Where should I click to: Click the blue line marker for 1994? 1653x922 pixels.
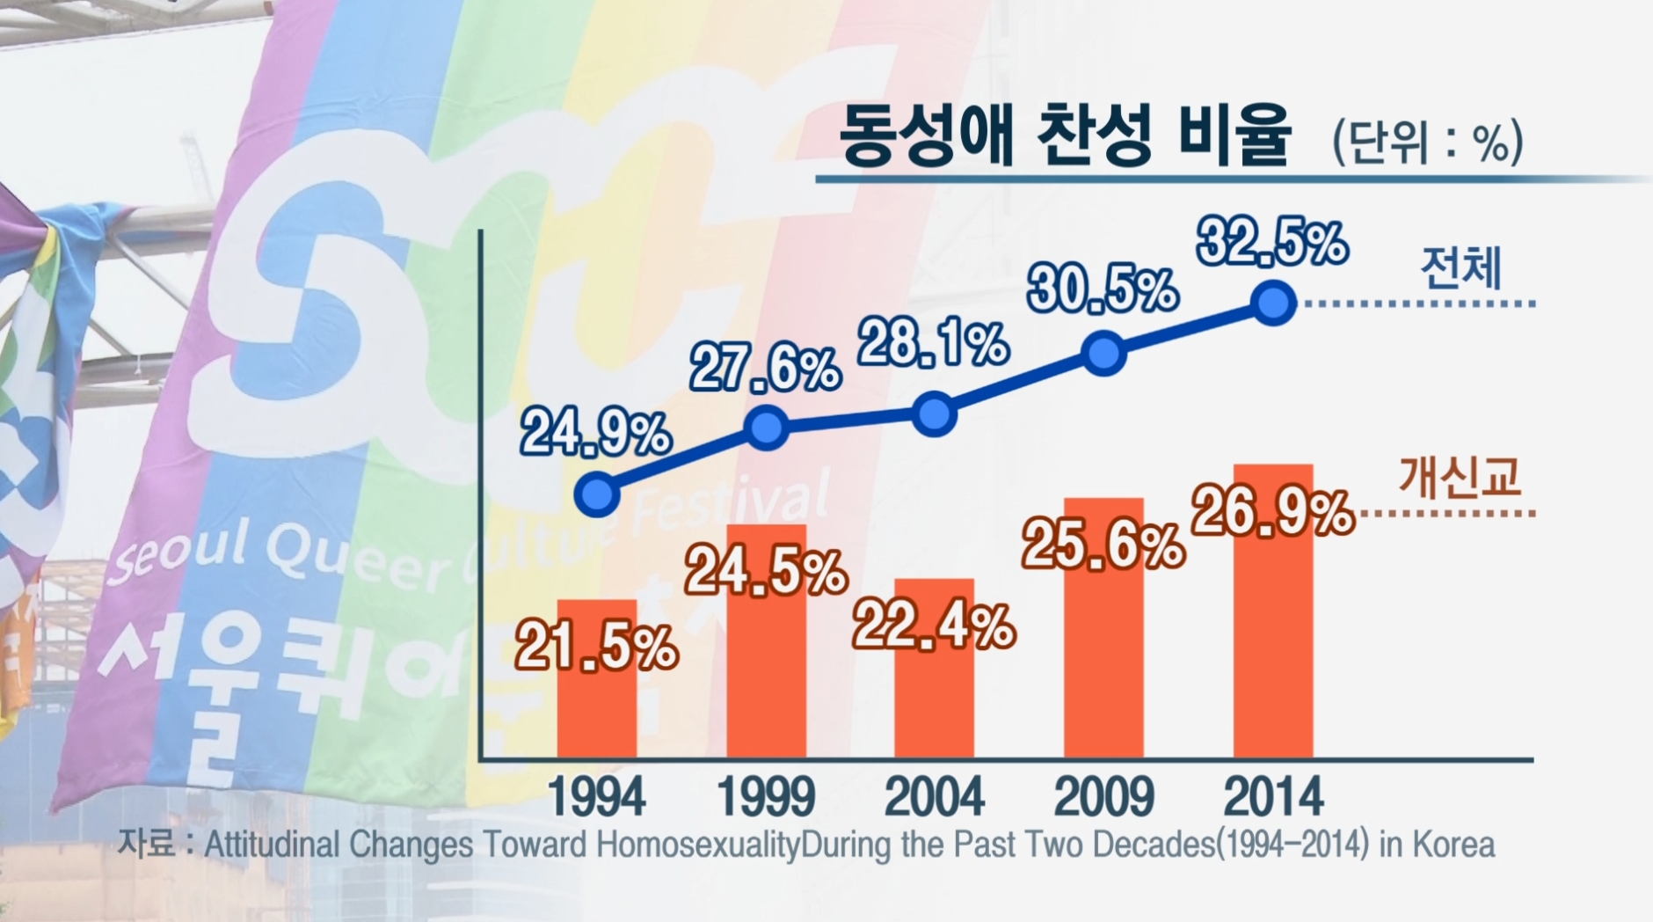[x=597, y=494]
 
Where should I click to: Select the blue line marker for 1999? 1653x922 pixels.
[x=767, y=428]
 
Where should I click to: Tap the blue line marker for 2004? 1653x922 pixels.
[x=934, y=413]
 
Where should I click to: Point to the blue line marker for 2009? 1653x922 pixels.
[x=1104, y=354]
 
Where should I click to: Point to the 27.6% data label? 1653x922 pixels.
[x=765, y=369]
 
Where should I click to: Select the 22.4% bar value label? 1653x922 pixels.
[x=934, y=626]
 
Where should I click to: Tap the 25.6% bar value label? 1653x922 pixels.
[x=1103, y=545]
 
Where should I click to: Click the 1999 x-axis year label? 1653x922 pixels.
[x=767, y=797]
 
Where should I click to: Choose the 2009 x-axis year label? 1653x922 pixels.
[x=1103, y=797]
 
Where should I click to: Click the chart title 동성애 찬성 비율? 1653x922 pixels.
[x=1065, y=136]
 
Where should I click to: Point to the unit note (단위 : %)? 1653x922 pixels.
[x=1427, y=142]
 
